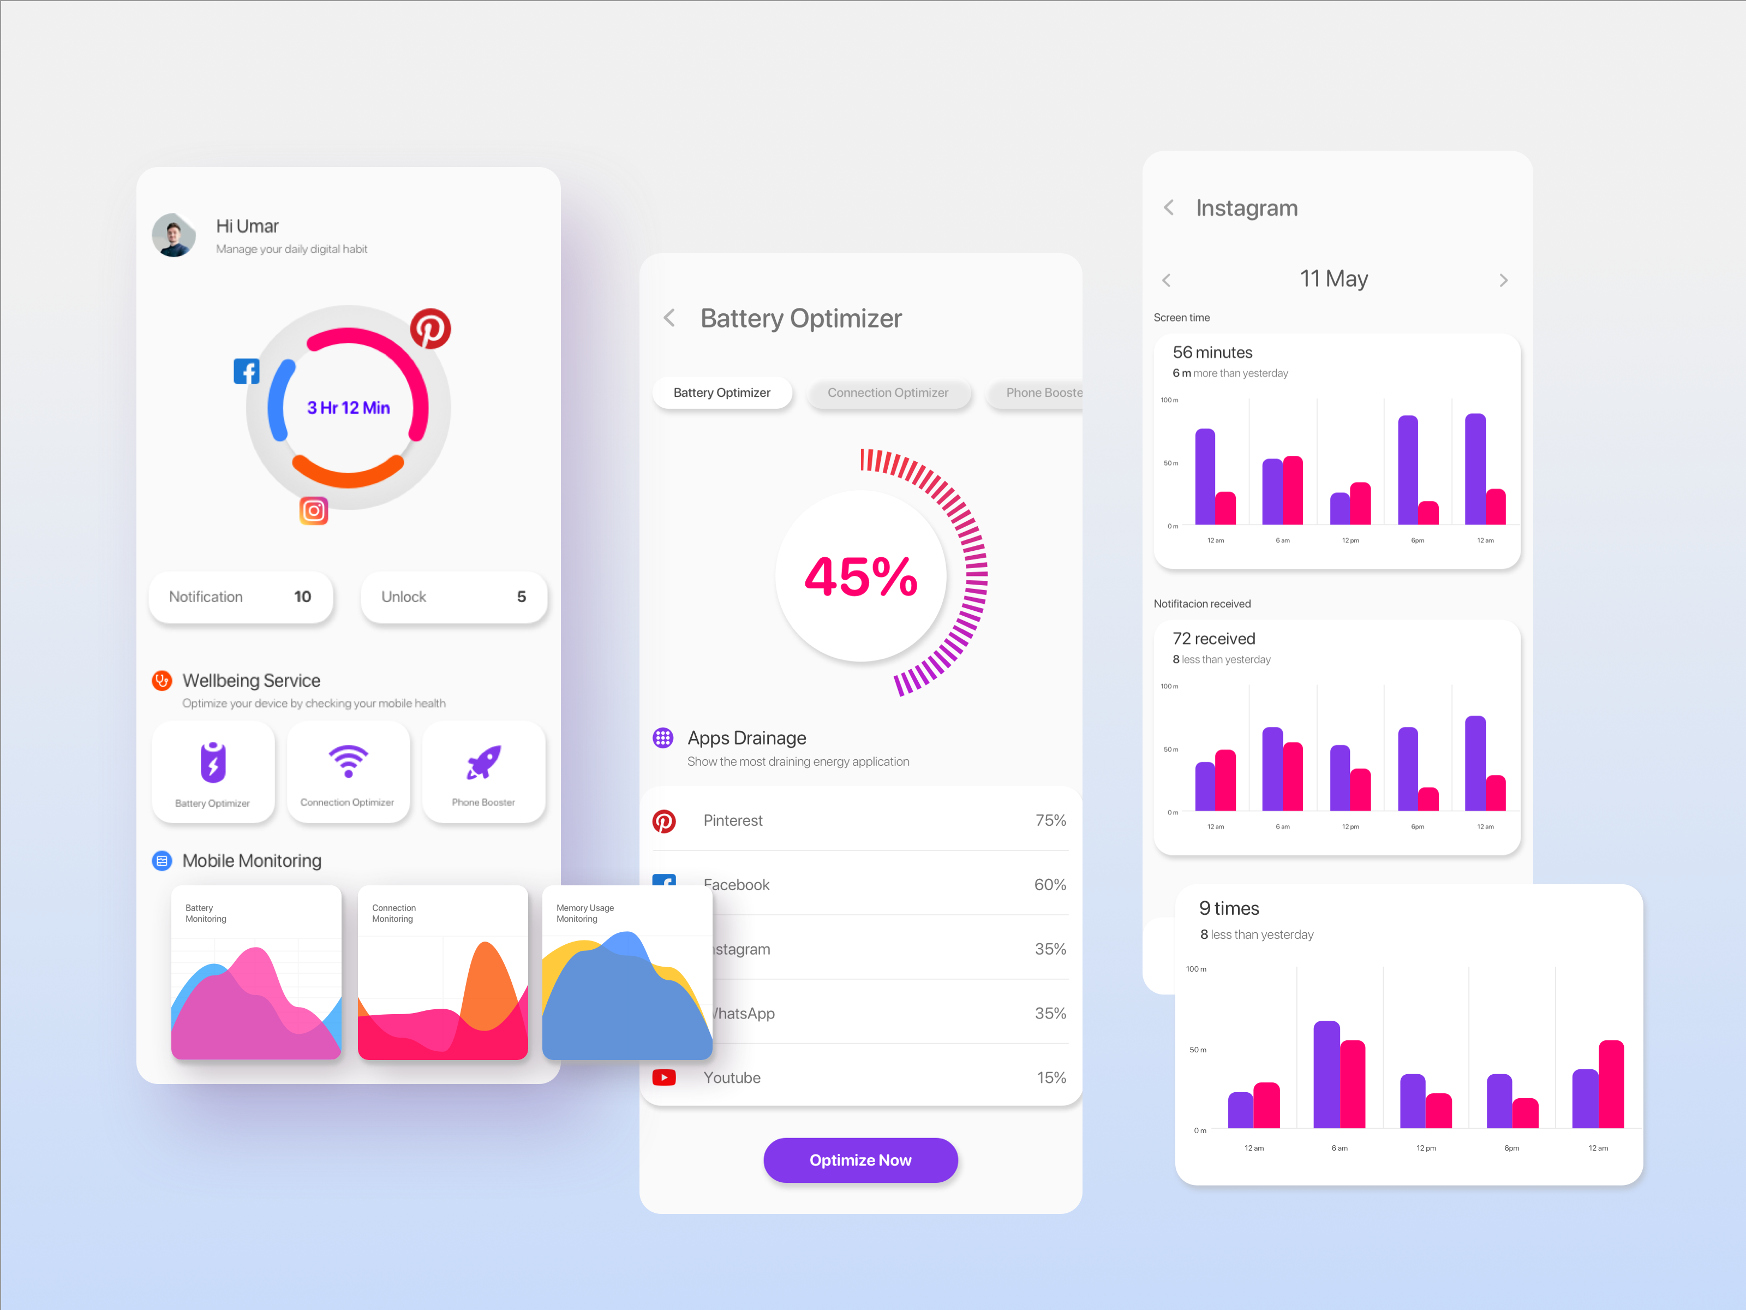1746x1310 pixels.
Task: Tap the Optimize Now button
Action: pyautogui.click(x=860, y=1160)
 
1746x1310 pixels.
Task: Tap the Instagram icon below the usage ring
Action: pyautogui.click(x=313, y=511)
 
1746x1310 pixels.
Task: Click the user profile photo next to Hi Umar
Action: pyautogui.click(x=174, y=235)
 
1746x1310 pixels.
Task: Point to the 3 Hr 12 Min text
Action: pyautogui.click(x=348, y=407)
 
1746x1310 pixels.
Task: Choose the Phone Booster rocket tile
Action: pyautogui.click(x=483, y=771)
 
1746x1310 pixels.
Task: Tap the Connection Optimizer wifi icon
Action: pyautogui.click(x=348, y=761)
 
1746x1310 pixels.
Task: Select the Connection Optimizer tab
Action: pyautogui.click(x=887, y=392)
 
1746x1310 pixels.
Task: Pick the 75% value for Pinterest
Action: pyautogui.click(x=1050, y=820)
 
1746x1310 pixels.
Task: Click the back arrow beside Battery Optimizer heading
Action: pyautogui.click(x=669, y=318)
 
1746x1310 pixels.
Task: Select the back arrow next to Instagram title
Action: pyautogui.click(x=1169, y=207)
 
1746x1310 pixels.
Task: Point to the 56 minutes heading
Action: pyautogui.click(x=1212, y=352)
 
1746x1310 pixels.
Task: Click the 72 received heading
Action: pyautogui.click(x=1213, y=639)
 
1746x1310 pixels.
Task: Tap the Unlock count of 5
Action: pyautogui.click(x=521, y=597)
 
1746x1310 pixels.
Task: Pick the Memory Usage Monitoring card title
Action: pyautogui.click(x=585, y=914)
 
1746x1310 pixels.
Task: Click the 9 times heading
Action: pyautogui.click(x=1228, y=908)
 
